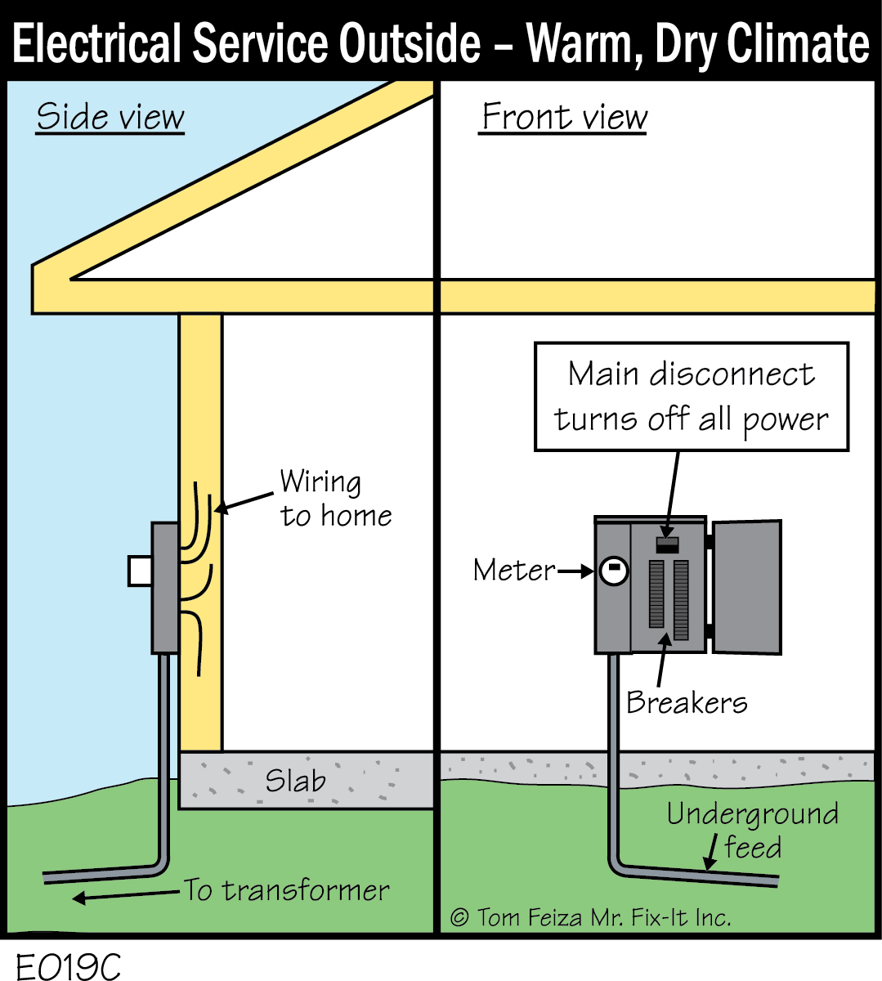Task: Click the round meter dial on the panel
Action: [x=613, y=571]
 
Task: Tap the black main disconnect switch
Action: [x=668, y=544]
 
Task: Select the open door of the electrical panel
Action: [x=747, y=586]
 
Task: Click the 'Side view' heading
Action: [x=110, y=117]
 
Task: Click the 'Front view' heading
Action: [x=563, y=117]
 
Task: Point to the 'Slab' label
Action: [x=295, y=781]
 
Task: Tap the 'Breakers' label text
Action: [x=687, y=702]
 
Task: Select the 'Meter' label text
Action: [x=513, y=570]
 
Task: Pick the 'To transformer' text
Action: [x=286, y=889]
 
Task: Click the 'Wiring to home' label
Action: [x=335, y=499]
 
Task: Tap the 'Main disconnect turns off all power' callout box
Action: [x=692, y=396]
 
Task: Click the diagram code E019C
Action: [x=68, y=966]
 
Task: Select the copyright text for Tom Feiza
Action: [x=590, y=917]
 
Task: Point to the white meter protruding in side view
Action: [x=140, y=571]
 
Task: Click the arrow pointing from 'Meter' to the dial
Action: [x=576, y=571]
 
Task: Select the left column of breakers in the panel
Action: [x=656, y=594]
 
